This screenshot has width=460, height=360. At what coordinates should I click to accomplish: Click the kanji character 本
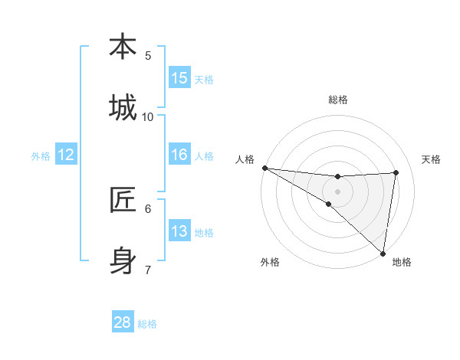coord(123,47)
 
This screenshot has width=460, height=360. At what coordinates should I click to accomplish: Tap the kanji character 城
coord(123,108)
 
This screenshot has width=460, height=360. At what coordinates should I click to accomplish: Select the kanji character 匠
coord(123,200)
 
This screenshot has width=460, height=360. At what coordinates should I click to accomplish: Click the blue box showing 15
coord(179,78)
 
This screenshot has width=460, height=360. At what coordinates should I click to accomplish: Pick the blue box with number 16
coord(179,155)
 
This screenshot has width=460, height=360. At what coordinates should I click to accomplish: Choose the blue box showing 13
coord(179,231)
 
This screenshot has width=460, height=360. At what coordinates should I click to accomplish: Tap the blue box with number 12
coord(66,155)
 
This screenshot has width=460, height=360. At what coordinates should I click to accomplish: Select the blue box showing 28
coord(123,322)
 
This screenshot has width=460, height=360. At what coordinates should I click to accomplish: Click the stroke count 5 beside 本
coord(148,55)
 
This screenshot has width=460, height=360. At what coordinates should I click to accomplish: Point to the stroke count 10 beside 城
coord(148,116)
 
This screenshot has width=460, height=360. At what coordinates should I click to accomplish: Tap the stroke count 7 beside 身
coord(148,270)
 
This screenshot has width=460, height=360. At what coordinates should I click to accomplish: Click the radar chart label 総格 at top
coord(338,100)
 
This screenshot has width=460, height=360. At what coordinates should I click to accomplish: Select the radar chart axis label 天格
coord(432,159)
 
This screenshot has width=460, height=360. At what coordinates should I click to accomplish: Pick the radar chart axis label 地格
coord(402,262)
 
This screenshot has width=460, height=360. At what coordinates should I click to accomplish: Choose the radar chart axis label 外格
coord(270,262)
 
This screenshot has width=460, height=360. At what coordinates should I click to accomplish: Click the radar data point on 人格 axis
coord(264,168)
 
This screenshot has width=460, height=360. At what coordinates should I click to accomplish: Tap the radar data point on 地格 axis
coord(383,253)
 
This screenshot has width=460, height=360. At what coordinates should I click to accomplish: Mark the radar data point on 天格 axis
coord(396,172)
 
